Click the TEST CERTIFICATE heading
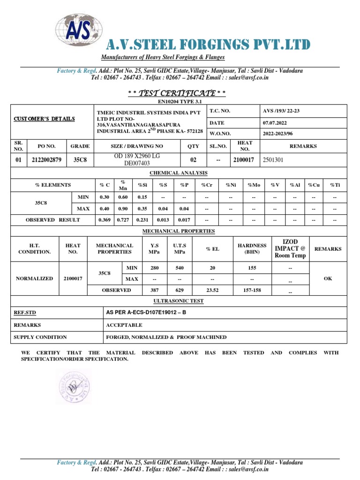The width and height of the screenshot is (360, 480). [x=177, y=94]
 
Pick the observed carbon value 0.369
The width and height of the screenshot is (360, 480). [x=104, y=220]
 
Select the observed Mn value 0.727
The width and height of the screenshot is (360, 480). [x=122, y=220]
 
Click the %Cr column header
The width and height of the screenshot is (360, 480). [x=207, y=185]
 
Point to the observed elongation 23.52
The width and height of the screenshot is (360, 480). [x=212, y=290]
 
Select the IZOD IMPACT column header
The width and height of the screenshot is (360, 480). [x=290, y=249]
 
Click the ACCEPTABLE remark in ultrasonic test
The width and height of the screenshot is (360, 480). [x=124, y=325]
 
